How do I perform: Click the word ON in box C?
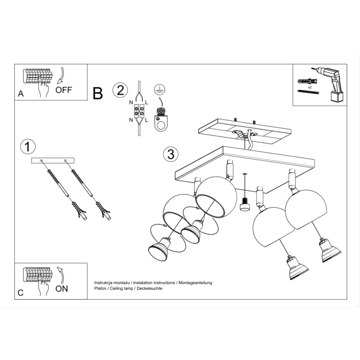[62, 288]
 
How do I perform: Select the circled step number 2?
[120, 90]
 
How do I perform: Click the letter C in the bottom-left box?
[20, 294]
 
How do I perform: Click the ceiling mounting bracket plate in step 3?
[241, 129]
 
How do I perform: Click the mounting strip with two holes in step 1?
[53, 161]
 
